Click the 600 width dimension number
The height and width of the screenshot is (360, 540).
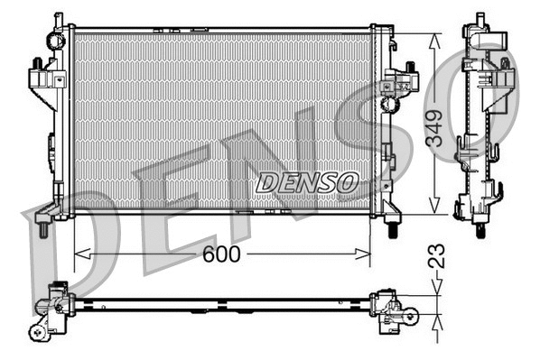pyautogui.click(x=221, y=254)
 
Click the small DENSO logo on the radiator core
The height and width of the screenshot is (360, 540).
pyautogui.click(x=307, y=182)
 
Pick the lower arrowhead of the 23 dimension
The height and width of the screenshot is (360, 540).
pyautogui.click(x=435, y=318)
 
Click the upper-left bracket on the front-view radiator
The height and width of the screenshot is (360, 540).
pyautogui.click(x=42, y=76)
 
